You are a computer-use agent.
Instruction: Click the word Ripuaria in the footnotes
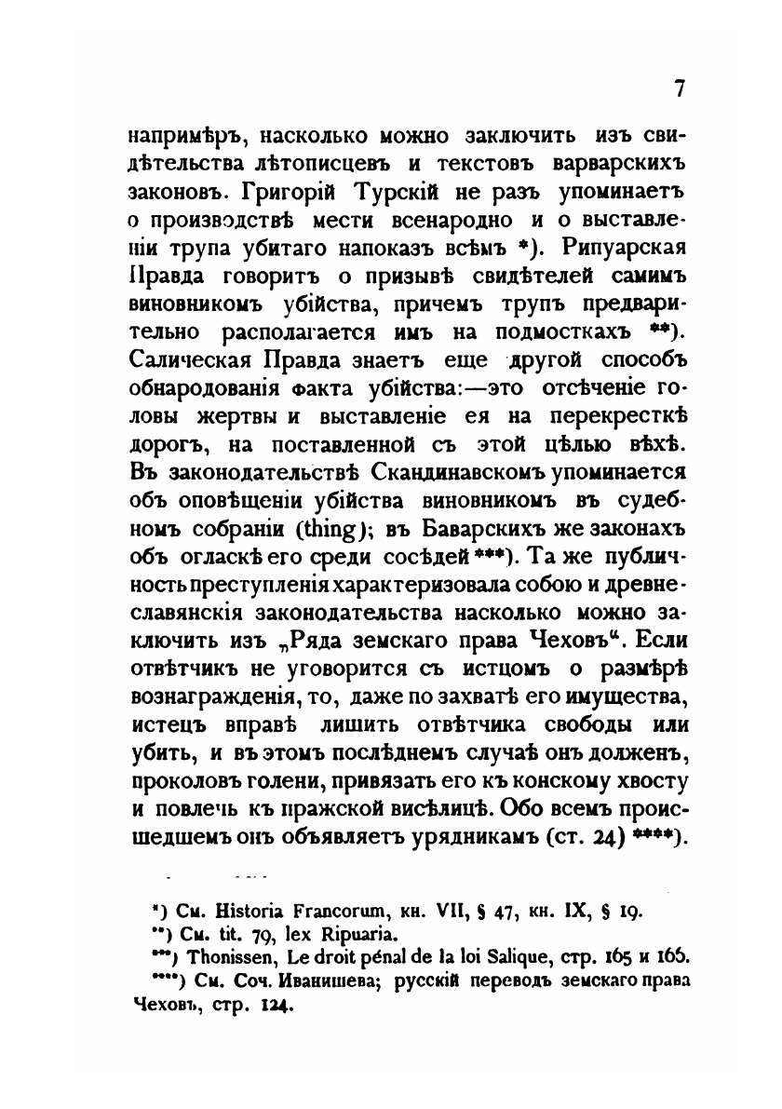coord(338,932)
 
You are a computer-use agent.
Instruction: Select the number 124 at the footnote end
coord(273,1006)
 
